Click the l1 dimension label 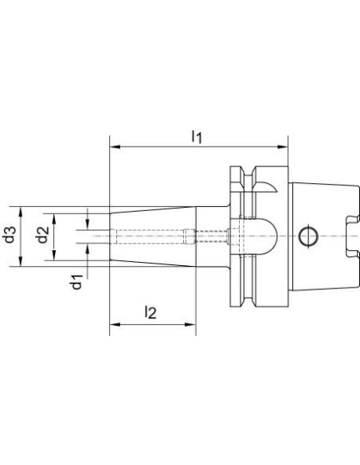(x=197, y=136)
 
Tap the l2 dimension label (x=151, y=313)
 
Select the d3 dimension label (x=10, y=235)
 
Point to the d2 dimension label (x=43, y=234)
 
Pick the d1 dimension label (x=76, y=282)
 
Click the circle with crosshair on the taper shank (x=308, y=236)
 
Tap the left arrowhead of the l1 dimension (x=115, y=147)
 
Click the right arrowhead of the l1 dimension (x=282, y=147)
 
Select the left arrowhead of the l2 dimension (x=115, y=324)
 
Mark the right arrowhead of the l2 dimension (x=190, y=324)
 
